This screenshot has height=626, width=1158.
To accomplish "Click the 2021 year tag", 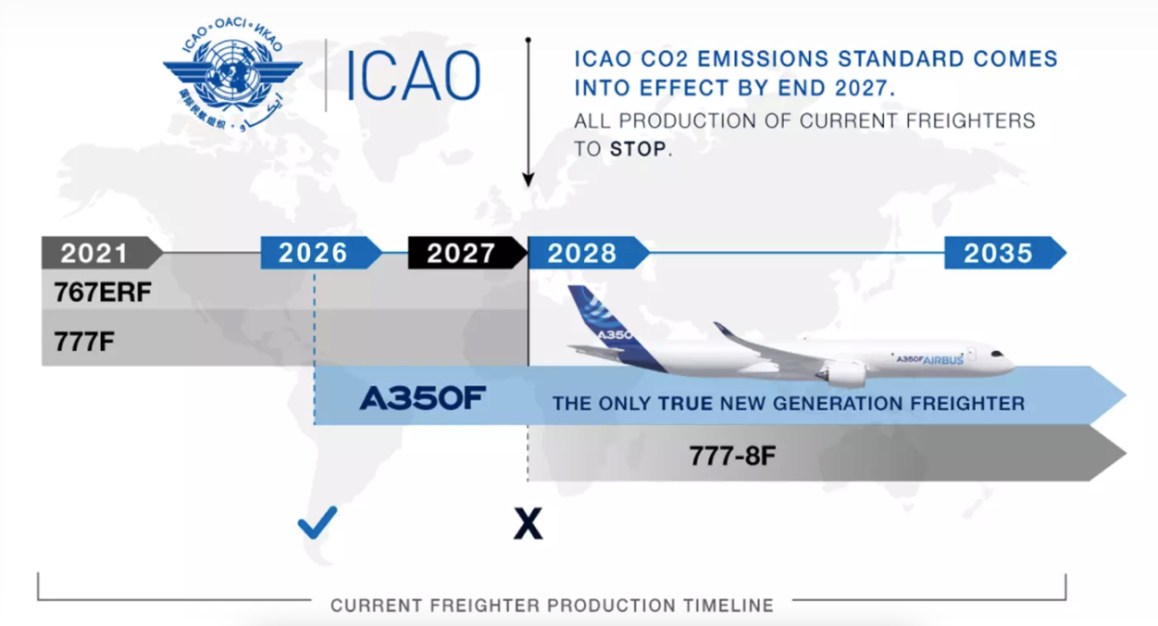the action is point(102,253).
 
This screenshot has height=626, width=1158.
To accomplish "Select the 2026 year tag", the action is point(321,253).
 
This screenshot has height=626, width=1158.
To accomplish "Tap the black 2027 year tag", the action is point(467,253).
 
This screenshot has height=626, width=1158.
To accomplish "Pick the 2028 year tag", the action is point(589,253).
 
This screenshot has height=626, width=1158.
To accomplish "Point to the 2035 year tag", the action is point(1005,253).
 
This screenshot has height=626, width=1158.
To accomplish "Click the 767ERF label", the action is point(103,293).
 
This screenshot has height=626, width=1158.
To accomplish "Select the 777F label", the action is point(84,342).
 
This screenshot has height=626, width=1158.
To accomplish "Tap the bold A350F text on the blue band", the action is point(422,398).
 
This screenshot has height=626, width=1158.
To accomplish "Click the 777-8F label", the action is point(732,456).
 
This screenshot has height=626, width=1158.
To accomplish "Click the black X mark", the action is point(528,524).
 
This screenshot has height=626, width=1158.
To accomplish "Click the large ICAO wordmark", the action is point(412,76).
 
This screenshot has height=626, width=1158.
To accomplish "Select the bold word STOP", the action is point(639,149).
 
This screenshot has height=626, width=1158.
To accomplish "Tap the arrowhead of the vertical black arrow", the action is point(528,180).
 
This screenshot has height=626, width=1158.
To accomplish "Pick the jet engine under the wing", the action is point(843,373).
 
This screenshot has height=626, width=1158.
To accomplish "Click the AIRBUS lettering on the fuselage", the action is point(943,360).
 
